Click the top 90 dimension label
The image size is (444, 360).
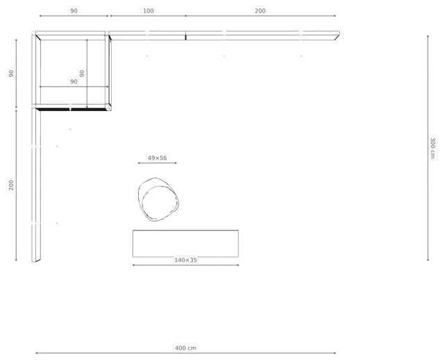[x=74, y=11]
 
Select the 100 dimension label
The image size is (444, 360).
[x=148, y=11]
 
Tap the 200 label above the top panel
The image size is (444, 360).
[x=260, y=11]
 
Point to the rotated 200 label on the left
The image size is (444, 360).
[x=11, y=185]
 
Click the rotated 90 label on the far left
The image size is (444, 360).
[x=11, y=74]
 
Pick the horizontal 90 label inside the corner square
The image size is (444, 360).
[x=74, y=82]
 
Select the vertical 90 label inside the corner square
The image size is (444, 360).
[x=82, y=74]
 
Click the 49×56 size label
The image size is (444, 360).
[x=157, y=157]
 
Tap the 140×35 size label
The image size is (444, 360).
[x=185, y=260]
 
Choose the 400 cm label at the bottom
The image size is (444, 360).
[x=185, y=348]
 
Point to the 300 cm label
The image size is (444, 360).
[x=432, y=148]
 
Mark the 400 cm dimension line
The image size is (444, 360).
[x=185, y=353]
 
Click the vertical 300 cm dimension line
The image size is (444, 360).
[x=428, y=148]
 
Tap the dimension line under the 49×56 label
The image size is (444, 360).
[x=157, y=163]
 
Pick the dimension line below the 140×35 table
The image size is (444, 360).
[x=185, y=265]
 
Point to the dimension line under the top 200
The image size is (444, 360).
[x=260, y=16]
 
